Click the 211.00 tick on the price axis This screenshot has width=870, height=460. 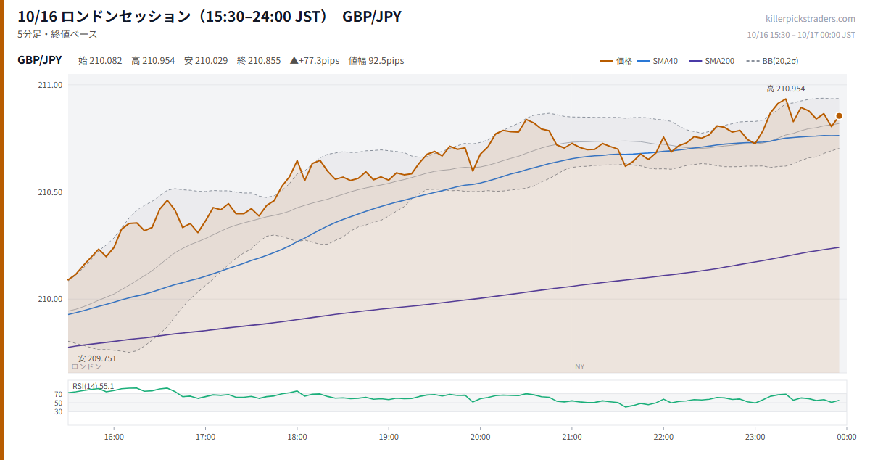[50, 85]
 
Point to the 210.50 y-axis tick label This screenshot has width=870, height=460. [50, 192]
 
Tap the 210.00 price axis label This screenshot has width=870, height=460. [50, 299]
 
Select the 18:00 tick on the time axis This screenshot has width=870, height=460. [297, 437]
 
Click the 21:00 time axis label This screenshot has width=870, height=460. [572, 437]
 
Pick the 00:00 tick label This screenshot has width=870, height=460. [847, 437]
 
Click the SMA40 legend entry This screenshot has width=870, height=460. [658, 61]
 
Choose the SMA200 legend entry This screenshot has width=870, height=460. [711, 61]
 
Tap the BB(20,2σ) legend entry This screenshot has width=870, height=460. [773, 61]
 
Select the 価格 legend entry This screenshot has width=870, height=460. [616, 61]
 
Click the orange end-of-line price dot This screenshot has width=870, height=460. [839, 116]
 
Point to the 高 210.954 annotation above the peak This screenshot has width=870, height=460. [786, 89]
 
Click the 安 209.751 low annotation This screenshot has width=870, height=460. [97, 358]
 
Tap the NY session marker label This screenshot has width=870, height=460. [579, 366]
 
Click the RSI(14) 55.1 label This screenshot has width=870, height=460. [94, 386]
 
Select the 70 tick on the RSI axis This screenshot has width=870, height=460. [58, 395]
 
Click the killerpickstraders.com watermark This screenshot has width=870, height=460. [811, 19]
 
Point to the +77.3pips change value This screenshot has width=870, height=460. [315, 61]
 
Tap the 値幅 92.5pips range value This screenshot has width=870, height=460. [376, 61]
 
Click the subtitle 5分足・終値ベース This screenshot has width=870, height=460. [57, 35]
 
